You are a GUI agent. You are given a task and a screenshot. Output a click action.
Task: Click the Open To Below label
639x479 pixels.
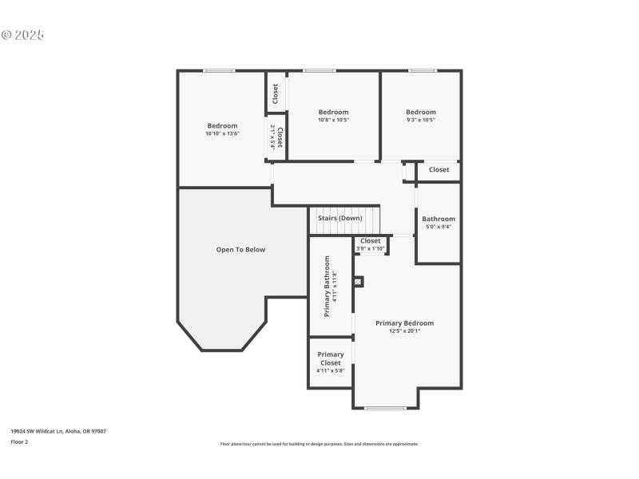[x=240, y=250]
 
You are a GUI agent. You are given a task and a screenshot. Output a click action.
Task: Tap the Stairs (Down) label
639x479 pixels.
[x=340, y=218]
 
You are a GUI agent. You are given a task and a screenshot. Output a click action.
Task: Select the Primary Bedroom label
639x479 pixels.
[x=405, y=323]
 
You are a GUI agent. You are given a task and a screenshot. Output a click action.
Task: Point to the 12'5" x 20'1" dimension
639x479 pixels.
[x=405, y=331]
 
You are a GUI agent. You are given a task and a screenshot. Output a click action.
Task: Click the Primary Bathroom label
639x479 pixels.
[x=327, y=286]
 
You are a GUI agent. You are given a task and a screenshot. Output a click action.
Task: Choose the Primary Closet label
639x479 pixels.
[x=331, y=358]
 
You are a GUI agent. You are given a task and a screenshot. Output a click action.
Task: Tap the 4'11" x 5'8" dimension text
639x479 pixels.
[x=331, y=370]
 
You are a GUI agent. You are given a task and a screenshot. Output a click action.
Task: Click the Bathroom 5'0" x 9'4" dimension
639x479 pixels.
[x=439, y=227]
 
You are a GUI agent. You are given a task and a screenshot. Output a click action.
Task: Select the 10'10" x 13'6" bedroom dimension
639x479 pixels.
[x=222, y=133]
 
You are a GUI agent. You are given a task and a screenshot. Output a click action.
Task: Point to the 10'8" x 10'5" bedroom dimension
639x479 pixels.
[x=333, y=120]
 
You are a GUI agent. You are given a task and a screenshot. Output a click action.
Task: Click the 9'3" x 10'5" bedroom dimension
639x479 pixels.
[x=421, y=120]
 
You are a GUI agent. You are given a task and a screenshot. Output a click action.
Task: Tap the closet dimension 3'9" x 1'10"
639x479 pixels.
[x=371, y=248]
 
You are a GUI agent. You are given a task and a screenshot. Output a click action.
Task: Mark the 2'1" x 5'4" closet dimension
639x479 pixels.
[x=272, y=137]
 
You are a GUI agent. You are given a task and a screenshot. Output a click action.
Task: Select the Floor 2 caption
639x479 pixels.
[x=19, y=441]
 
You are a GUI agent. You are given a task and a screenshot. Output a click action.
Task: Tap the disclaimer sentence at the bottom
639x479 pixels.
[x=319, y=444]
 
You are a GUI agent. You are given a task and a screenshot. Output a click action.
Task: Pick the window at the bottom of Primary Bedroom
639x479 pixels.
[x=385, y=409]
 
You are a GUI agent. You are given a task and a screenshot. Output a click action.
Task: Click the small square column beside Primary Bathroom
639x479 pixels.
[x=359, y=281]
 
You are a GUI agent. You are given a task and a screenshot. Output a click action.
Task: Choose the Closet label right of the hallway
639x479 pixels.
[x=439, y=170]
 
